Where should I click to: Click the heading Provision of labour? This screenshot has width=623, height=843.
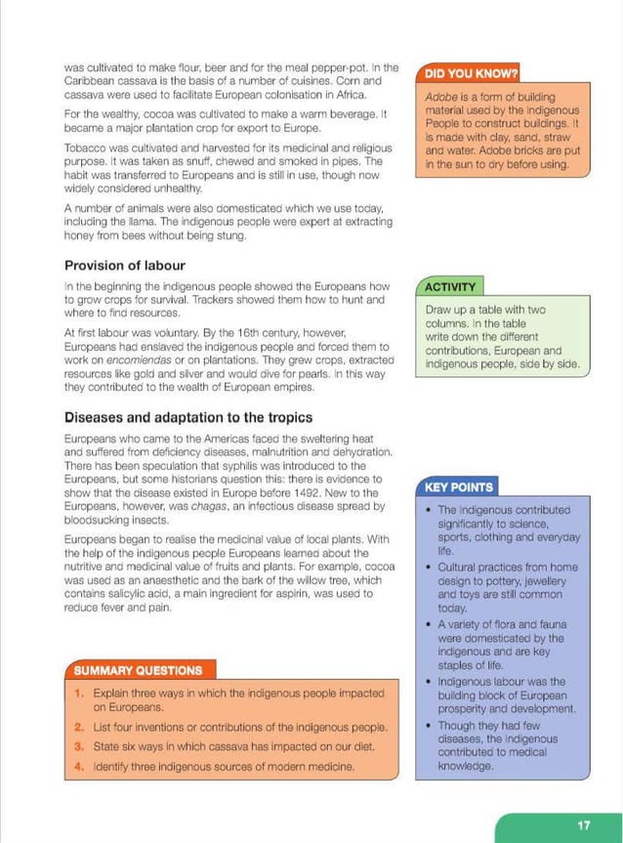125,266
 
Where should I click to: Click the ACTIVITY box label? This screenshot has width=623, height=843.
450,287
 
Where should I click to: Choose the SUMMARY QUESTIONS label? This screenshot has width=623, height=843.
138,670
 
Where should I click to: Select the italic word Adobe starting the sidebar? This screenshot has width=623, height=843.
442,98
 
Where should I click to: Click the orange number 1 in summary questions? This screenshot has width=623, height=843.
78,693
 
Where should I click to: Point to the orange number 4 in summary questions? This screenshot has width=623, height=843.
78,767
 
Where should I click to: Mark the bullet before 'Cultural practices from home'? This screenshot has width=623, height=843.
431,568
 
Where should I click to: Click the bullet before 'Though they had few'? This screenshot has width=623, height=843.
431,726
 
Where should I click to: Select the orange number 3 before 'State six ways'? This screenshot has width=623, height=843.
78,747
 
